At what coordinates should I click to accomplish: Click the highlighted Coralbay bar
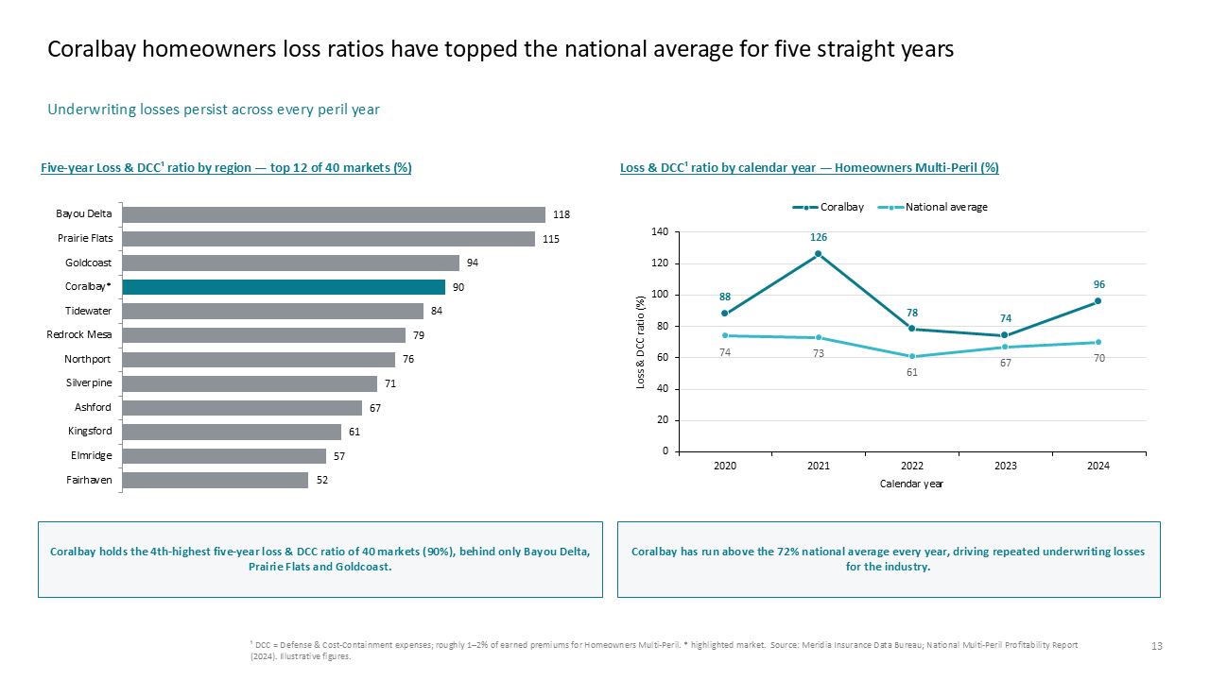click(284, 287)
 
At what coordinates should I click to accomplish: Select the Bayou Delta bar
click(334, 214)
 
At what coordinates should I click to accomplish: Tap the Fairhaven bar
click(215, 481)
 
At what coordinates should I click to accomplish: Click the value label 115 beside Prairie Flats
click(551, 239)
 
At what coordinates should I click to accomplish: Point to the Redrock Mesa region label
click(78, 334)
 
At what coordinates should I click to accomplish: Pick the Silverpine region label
click(89, 382)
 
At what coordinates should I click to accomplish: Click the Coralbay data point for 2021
click(818, 254)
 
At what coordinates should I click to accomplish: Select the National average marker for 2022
click(912, 356)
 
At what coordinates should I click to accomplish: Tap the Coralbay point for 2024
click(1098, 301)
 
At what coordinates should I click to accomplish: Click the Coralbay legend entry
click(828, 207)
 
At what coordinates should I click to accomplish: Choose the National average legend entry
click(932, 207)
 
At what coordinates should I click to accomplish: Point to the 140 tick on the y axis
click(660, 232)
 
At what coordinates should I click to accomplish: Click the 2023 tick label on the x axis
click(1005, 466)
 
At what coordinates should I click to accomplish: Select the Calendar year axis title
click(911, 484)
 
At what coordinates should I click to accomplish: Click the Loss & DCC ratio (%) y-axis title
click(641, 342)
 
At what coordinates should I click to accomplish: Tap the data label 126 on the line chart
click(819, 237)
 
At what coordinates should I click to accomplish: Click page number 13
click(1156, 646)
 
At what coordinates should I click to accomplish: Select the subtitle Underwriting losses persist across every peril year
click(214, 110)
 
